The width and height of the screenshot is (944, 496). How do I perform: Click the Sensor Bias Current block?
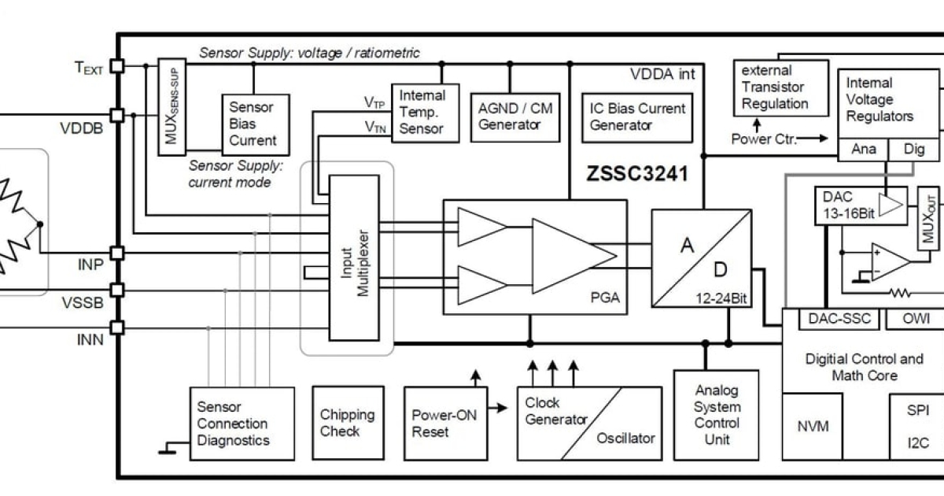coord(253,123)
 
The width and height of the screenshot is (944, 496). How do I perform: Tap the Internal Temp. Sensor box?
coord(425,112)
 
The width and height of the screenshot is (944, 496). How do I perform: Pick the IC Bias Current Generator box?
coord(637,116)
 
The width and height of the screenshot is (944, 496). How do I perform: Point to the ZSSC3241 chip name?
coord(636,173)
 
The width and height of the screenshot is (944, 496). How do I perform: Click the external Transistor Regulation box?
coord(780,87)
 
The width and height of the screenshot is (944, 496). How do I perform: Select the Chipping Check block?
coord(347,423)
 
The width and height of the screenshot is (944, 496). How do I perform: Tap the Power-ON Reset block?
coord(441,423)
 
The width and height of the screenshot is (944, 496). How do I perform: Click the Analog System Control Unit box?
coord(717,414)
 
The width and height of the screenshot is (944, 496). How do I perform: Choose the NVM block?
coord(813,426)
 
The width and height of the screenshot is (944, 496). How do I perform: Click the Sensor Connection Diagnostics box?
coord(242,423)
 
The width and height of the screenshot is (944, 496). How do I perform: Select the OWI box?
coord(913,319)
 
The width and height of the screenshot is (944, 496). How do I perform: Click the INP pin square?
coord(117,253)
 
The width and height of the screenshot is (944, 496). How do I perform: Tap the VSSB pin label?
coord(87,302)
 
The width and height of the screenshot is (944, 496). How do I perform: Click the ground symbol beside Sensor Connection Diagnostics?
coord(167,451)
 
